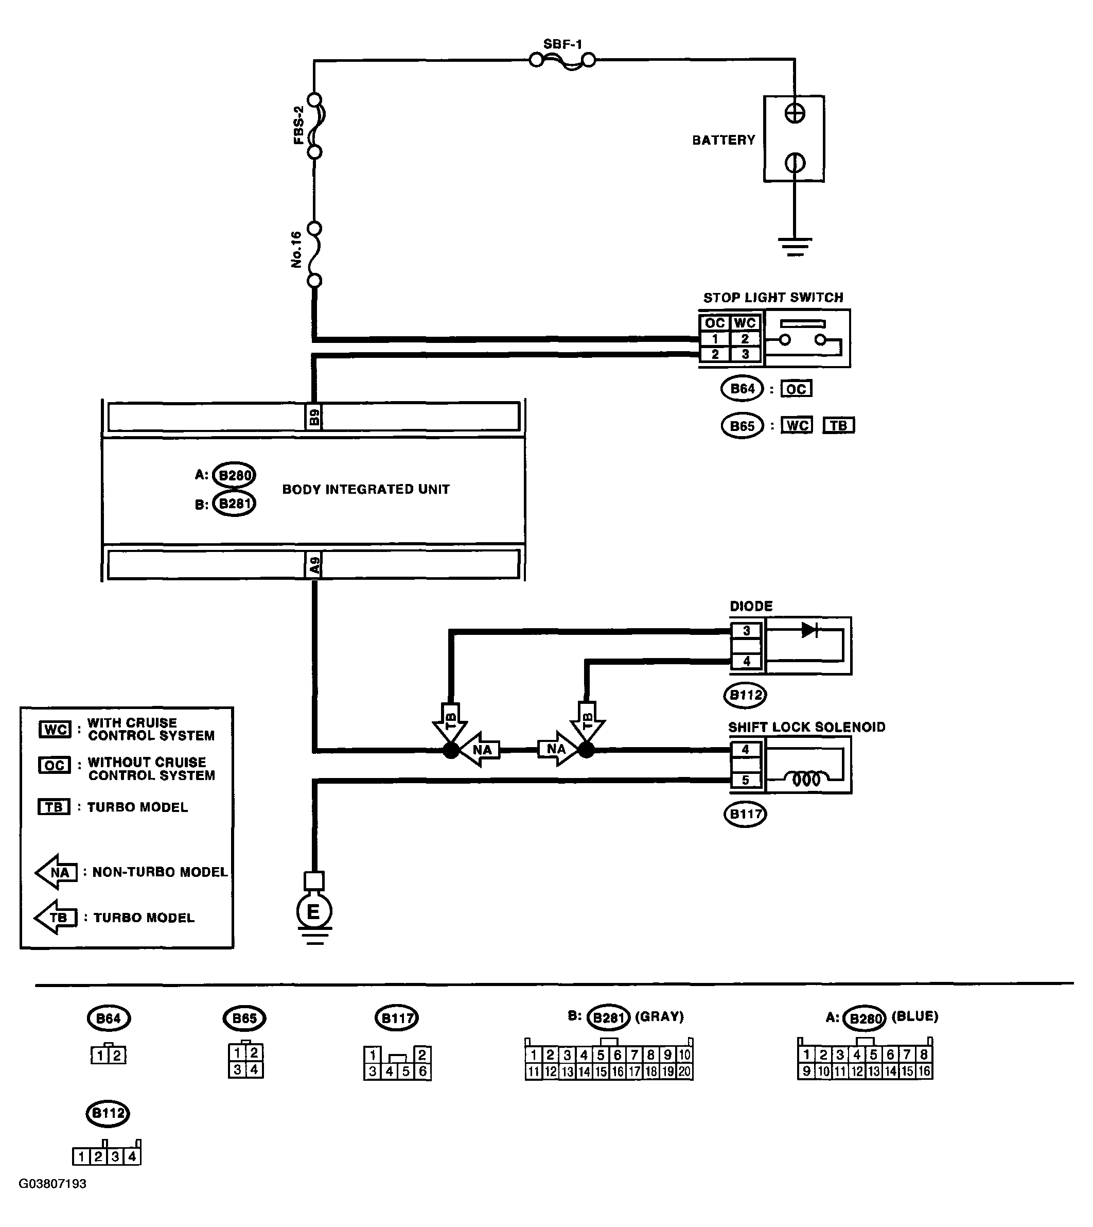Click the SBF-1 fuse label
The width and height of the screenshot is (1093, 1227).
coord(563,44)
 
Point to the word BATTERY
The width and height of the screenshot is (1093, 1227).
coord(724,140)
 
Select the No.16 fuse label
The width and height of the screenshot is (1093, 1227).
coord(296,250)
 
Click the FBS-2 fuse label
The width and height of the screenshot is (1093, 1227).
coord(298,125)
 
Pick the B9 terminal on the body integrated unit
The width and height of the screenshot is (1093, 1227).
coord(313,417)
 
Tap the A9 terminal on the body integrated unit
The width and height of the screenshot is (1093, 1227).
coord(314,565)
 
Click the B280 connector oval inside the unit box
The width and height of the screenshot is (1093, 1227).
coord(234,475)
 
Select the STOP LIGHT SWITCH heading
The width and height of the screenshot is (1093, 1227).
coord(773,298)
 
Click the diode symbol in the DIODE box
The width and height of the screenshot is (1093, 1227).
coord(809,630)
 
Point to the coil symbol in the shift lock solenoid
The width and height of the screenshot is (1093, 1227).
coord(806,780)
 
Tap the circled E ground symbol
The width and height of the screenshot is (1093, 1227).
coord(314,912)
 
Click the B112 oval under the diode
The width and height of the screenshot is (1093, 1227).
coord(745,695)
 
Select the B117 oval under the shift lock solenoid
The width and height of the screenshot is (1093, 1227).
coord(745,814)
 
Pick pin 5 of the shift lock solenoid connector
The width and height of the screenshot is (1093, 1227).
coord(746,780)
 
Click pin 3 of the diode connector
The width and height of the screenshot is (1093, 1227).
coord(747,631)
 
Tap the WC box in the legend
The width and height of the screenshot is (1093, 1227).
coord(55,730)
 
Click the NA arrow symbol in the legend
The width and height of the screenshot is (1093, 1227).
coord(57,872)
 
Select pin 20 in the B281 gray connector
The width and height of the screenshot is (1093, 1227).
coord(684,1072)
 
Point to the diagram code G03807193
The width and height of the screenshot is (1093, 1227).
coord(53,1184)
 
